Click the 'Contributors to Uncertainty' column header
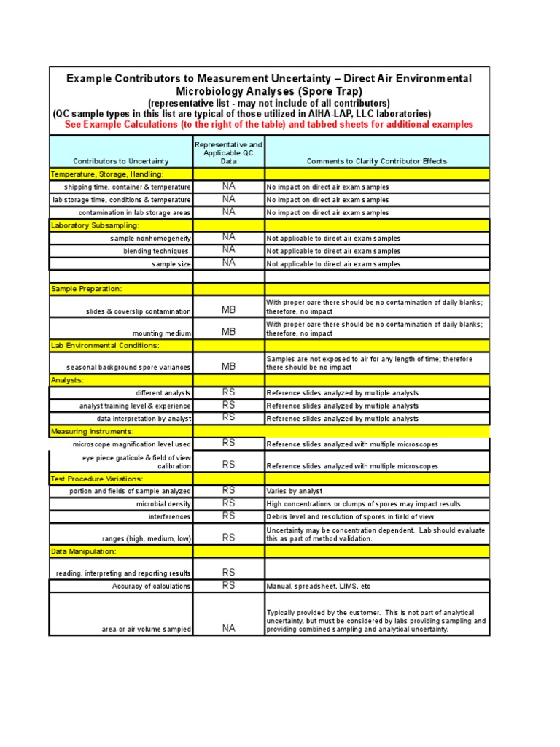121,161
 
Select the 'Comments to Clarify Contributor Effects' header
376,161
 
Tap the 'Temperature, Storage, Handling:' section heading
107,174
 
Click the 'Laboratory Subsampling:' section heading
95,226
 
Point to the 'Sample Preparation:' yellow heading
87,290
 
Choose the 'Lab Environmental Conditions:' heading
105,345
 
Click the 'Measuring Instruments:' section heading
92,432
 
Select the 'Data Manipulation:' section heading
83,551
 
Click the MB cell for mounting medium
229,332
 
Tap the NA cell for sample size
229,263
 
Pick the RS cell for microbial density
229,503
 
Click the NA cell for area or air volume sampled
229,628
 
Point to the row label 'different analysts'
163,393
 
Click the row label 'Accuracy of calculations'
152,587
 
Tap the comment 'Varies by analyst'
295,492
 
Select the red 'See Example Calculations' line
269,125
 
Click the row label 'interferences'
170,517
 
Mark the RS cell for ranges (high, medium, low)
229,538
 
